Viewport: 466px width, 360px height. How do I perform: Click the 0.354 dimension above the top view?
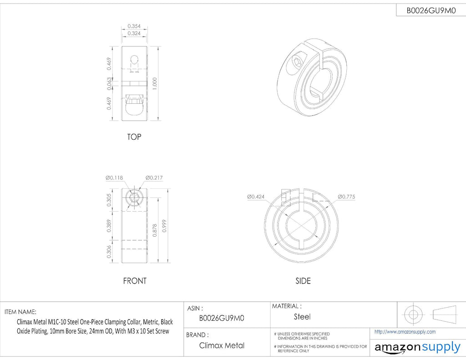click(134, 26)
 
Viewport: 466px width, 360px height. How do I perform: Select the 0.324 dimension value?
click(134, 33)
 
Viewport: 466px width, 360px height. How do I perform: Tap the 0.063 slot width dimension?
click(109, 84)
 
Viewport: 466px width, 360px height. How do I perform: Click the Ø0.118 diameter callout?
click(114, 178)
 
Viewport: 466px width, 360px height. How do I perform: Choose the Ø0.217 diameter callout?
click(154, 178)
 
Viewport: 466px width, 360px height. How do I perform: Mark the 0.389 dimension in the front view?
click(109, 226)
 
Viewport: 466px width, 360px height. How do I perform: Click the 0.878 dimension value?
click(155, 230)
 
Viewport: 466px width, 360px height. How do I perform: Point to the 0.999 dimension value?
click(164, 226)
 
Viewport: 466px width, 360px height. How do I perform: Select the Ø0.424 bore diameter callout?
click(256, 197)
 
